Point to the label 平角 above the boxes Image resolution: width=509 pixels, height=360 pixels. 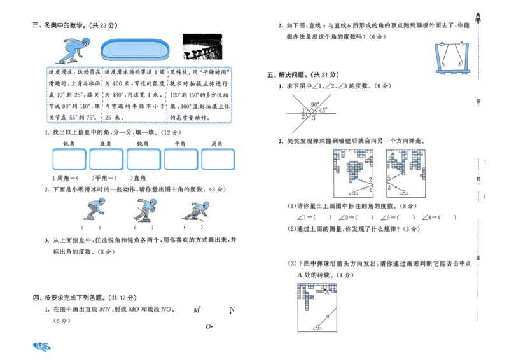click(181, 144)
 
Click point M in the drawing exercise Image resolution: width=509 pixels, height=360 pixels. click(197, 310)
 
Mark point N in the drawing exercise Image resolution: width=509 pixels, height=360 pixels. click(232, 310)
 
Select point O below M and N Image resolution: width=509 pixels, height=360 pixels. click(208, 327)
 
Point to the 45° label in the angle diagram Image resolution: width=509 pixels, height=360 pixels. click(323, 110)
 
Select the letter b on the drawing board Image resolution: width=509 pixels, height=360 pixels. click(459, 64)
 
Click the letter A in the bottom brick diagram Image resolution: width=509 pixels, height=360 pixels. click(327, 293)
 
